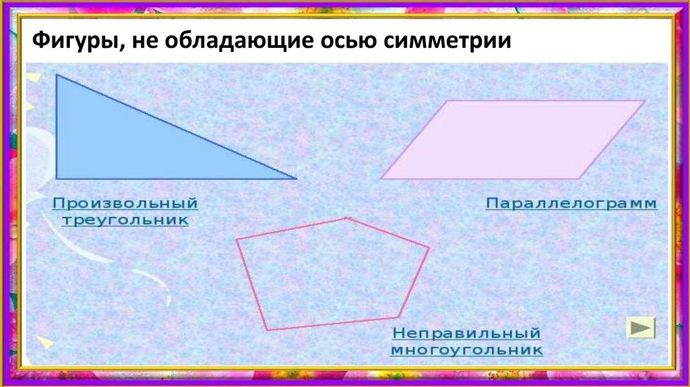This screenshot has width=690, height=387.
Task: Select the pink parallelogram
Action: [x=512, y=140]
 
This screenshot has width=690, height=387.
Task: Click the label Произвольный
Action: [x=125, y=203]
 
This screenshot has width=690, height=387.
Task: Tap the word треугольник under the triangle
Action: [x=125, y=220]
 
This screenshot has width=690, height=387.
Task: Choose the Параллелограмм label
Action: [x=571, y=203]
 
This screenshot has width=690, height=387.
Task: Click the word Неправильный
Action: [x=467, y=334]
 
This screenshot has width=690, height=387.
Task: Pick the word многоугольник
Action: [x=467, y=351]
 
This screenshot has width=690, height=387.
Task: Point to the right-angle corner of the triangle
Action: [x=57, y=178]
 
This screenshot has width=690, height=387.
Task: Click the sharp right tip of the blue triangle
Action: [x=295, y=179]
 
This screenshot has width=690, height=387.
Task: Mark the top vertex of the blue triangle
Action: [x=57, y=75]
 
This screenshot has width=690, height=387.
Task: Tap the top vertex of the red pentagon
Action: [x=347, y=218]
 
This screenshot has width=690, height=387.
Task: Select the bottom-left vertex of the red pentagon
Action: [x=268, y=330]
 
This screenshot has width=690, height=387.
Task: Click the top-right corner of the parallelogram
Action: [x=644, y=101]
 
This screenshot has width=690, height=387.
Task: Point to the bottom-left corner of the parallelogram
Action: [x=382, y=179]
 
